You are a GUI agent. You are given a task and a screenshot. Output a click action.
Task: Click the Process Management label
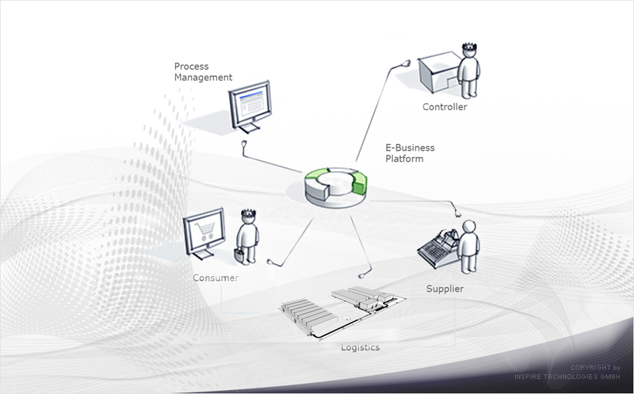(203, 71)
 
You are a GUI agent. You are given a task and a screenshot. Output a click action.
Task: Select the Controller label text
(445, 107)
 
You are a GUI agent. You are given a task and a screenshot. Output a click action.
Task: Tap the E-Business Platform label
(410, 153)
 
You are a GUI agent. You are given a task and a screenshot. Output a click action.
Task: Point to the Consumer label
(216, 278)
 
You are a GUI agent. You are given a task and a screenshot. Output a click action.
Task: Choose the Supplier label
(445, 289)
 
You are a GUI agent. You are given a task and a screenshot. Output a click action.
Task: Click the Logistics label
(360, 347)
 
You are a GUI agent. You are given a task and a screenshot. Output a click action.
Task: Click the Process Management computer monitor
(250, 106)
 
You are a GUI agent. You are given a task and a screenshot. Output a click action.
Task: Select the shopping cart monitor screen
(204, 231)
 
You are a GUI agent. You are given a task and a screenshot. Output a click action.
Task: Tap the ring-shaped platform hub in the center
(335, 187)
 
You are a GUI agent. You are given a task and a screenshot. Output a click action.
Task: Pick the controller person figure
(468, 71)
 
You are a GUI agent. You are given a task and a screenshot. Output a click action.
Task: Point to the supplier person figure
(468, 247)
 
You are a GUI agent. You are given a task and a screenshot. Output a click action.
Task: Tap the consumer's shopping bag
(239, 255)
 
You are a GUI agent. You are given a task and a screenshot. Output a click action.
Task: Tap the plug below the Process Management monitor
(244, 144)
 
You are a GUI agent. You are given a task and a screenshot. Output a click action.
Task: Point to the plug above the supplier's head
(457, 212)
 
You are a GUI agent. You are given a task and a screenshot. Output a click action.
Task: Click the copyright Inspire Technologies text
(567, 372)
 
